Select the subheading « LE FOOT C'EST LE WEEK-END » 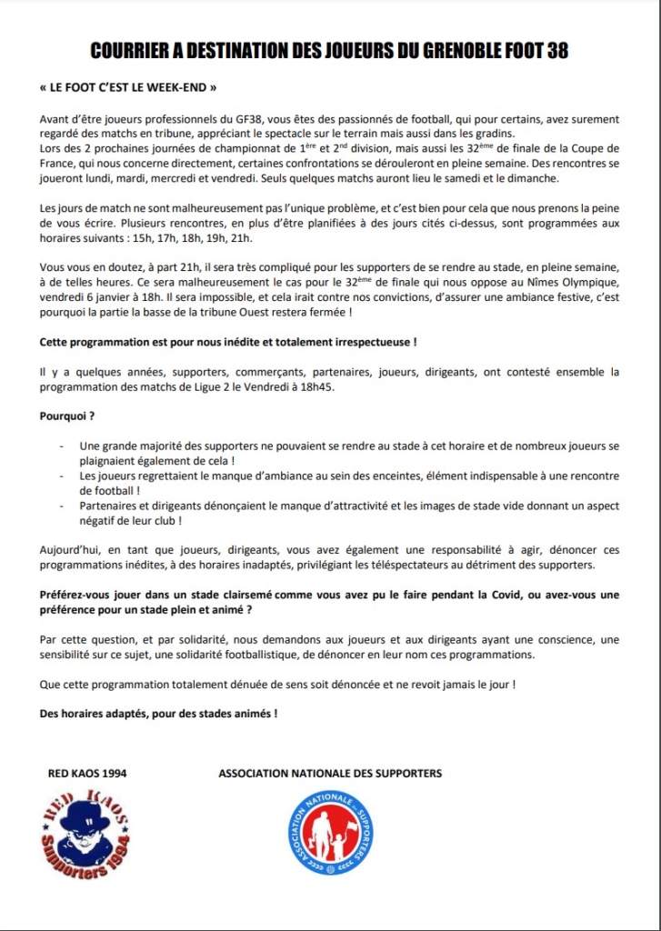point(128,91)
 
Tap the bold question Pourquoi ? point(67,415)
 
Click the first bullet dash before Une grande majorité point(62,445)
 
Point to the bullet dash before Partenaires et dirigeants point(62,506)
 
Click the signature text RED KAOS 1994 point(87,774)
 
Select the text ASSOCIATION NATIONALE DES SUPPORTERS point(330,774)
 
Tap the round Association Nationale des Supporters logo point(330,833)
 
